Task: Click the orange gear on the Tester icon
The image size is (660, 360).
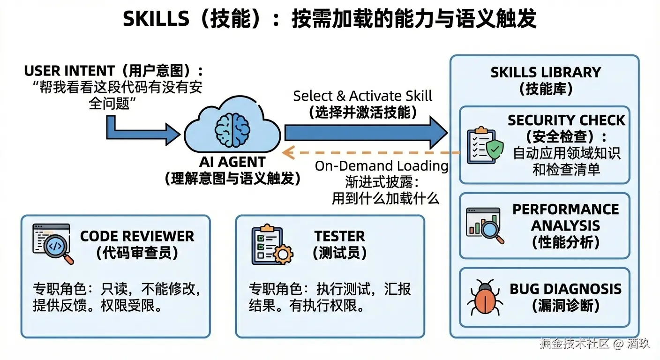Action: tap(283, 255)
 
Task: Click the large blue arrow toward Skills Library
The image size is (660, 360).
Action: tap(366, 132)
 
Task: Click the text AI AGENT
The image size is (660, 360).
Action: tap(232, 162)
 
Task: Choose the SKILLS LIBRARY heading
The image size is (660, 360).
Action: tap(546, 72)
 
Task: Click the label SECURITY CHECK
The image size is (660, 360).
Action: tap(566, 120)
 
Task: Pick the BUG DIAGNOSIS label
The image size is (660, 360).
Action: tap(566, 289)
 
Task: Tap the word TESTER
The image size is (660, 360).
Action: tap(339, 236)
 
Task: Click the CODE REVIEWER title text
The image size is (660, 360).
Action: tap(137, 236)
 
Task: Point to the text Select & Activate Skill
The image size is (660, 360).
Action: tap(362, 96)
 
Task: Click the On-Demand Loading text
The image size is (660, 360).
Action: tap(381, 166)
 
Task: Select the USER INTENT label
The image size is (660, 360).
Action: tap(69, 71)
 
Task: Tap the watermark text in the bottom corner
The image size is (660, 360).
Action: tap(594, 344)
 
